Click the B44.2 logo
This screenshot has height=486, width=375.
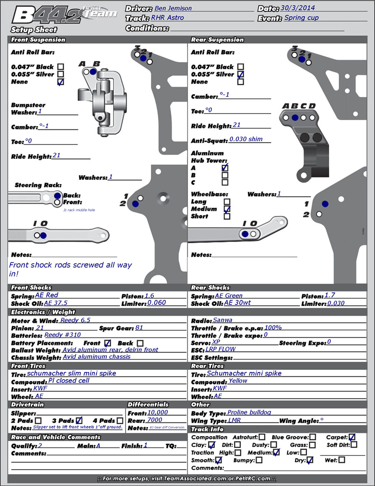coord(64,16)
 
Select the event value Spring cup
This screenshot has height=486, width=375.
coord(301,18)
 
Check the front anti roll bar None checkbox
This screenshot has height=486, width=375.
coord(60,82)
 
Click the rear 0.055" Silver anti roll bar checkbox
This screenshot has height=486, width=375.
coord(240,74)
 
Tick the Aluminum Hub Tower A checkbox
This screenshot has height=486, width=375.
coord(225,167)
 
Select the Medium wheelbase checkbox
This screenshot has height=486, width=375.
coord(227,209)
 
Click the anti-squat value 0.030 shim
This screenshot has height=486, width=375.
coord(246,139)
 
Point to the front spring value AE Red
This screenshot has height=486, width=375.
coord(47,295)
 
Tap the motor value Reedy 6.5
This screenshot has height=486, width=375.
coord(75,320)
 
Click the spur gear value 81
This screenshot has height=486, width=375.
coord(139,328)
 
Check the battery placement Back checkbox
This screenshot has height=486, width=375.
coord(140,343)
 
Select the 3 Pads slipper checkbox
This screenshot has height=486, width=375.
coord(79,421)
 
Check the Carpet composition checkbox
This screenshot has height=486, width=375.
coord(352,437)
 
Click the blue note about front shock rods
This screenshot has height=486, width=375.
coord(71,270)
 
